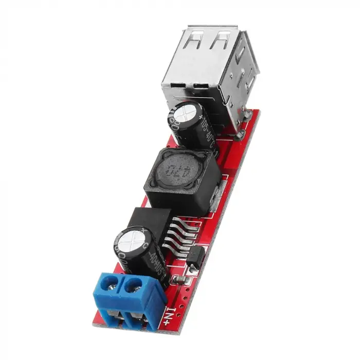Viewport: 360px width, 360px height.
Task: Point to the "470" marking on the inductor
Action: coord(176,171)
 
